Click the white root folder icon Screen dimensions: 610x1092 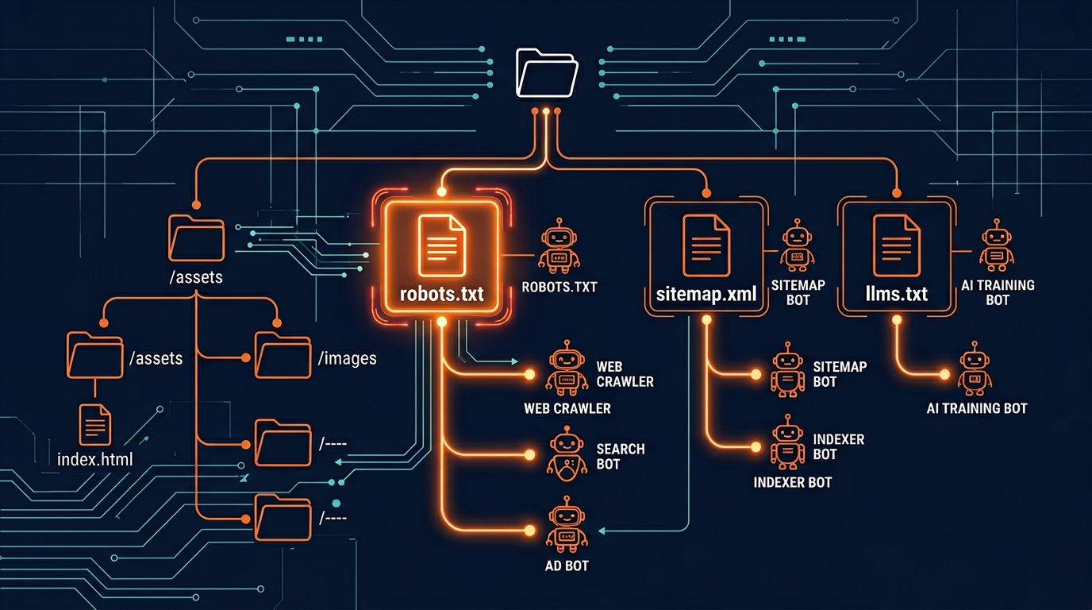(x=547, y=72)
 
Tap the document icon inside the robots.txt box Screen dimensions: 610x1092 (x=441, y=245)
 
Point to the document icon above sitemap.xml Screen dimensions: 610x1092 (x=706, y=245)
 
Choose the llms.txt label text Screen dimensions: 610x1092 (x=896, y=294)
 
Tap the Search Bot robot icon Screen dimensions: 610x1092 (x=567, y=454)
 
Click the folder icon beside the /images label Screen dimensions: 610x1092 (x=283, y=357)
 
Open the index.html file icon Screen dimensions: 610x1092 (x=94, y=423)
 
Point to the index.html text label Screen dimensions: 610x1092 (x=95, y=460)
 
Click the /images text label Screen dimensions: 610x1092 (x=347, y=359)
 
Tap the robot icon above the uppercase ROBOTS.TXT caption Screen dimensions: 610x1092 (x=559, y=246)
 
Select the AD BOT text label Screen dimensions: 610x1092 (x=567, y=566)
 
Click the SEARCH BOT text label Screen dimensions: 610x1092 (x=620, y=456)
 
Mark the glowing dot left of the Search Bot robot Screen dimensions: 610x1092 (x=529, y=455)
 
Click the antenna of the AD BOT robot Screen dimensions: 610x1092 (x=567, y=500)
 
